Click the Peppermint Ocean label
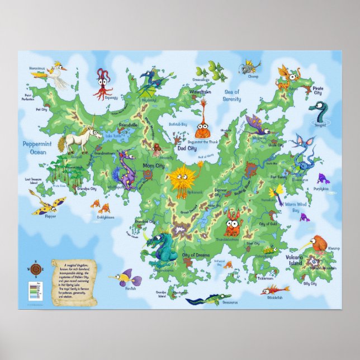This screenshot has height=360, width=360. tap(38, 148)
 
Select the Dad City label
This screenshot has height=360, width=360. tap(187, 149)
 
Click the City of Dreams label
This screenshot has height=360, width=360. tap(196, 255)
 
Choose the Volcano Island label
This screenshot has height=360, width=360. tap(294, 260)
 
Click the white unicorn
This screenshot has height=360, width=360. tap(78, 137)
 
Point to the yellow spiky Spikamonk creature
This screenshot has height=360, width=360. tap(182, 179)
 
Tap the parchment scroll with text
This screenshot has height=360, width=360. tap(74, 282)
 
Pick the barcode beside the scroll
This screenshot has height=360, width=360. tap(32, 291)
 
